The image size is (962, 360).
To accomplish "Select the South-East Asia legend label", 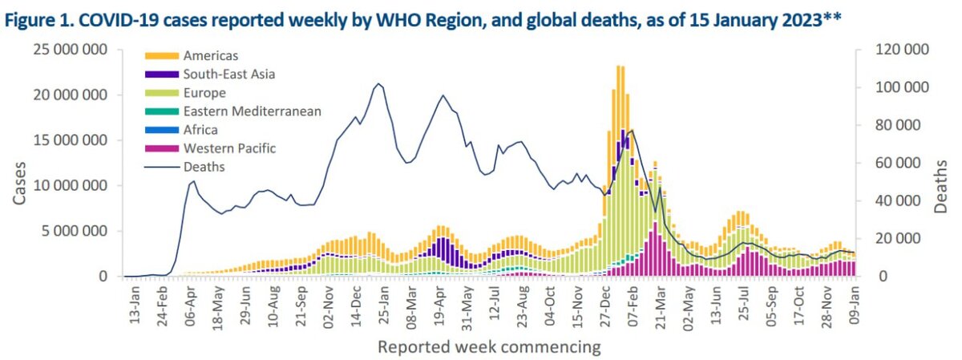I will [228, 75].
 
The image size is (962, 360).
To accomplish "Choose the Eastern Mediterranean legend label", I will [252, 111].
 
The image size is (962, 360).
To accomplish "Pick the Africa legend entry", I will [200, 130].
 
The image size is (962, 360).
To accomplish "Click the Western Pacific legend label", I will [228, 148].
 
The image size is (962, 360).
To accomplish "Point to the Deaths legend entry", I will [204, 167].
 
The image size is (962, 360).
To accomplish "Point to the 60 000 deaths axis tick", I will [904, 163].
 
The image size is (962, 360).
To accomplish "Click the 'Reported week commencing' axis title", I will [488, 347].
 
